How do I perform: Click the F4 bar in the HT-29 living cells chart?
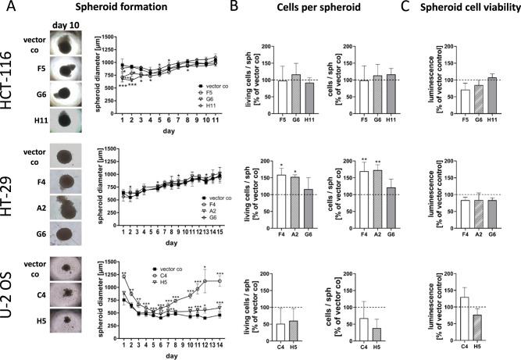[x=280, y=199]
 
